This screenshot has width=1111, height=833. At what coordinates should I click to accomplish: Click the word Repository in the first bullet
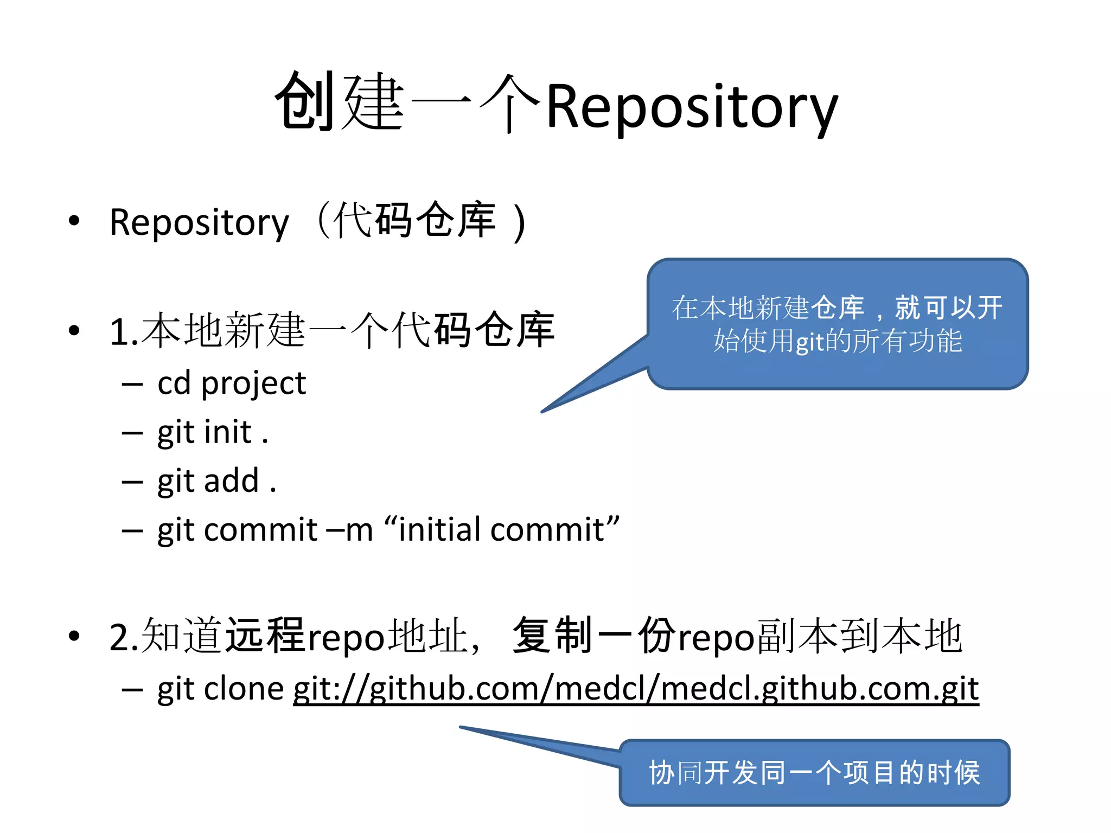[199, 222]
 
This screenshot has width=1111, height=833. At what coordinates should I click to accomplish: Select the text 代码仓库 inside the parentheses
[414, 220]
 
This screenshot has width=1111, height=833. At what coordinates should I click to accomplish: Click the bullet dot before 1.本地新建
[74, 330]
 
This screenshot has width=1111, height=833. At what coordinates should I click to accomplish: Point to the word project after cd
[253, 384]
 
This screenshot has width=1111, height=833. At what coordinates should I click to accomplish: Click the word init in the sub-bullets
[228, 433]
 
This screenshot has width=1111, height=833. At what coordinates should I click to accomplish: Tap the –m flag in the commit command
[349, 530]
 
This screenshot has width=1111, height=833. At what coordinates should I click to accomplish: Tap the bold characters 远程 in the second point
[265, 636]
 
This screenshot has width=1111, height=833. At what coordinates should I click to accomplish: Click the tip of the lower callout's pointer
[461, 727]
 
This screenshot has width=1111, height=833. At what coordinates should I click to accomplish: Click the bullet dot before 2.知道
[74, 636]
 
